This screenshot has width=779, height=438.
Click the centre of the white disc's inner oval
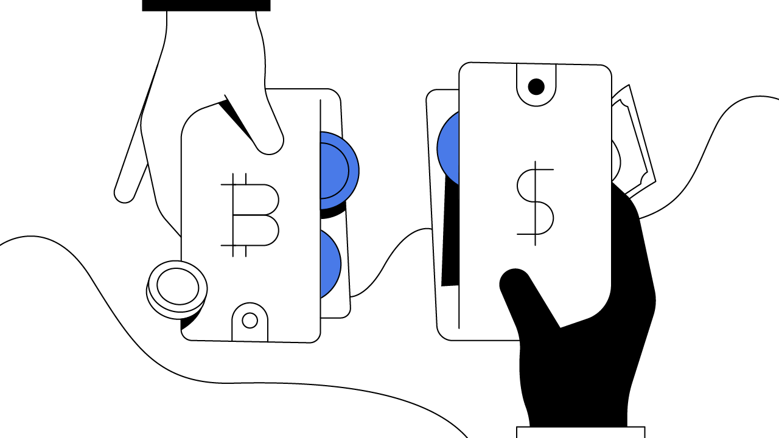[x=178, y=287]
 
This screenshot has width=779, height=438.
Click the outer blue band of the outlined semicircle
[x=354, y=171]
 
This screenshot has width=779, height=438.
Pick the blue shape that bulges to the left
[x=450, y=148]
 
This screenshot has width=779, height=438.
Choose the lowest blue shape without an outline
[x=329, y=264]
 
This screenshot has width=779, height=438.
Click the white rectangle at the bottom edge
[x=581, y=433]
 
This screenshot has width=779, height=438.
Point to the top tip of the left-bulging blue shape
[x=458, y=113]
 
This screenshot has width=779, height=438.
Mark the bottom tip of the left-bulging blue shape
[x=458, y=184]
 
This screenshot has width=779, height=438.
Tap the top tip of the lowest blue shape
[x=321, y=231]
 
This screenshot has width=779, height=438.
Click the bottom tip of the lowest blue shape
[x=321, y=297]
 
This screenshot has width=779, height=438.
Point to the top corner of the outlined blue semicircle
[x=321, y=133]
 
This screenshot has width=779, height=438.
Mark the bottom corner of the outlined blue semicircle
[x=321, y=209]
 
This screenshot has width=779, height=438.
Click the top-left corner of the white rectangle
[x=518, y=428]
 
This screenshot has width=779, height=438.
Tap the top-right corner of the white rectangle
[x=643, y=428]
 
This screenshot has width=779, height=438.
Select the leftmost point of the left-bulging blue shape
[x=438, y=148]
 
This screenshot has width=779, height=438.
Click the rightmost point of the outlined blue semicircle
[x=358, y=171]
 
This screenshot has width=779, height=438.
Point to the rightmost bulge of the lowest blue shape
[x=340, y=264]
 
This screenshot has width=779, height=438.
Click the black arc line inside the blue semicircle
[x=349, y=171]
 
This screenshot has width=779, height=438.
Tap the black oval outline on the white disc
[x=198, y=287]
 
